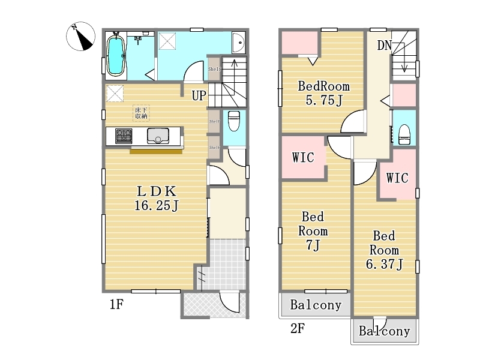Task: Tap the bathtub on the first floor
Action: [x=116, y=55]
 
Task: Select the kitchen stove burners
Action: [x=124, y=136]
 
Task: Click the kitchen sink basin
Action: [x=158, y=136]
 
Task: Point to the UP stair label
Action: [x=199, y=95]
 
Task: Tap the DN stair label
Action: [x=385, y=45]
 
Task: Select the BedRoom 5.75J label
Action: [x=323, y=93]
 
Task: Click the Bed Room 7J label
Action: [x=314, y=230]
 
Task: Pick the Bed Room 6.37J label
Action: [x=384, y=250]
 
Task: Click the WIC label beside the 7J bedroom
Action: [x=303, y=158]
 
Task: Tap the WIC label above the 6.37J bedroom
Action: [x=397, y=178]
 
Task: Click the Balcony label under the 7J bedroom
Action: [x=316, y=305]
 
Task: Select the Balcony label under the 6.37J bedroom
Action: [x=385, y=331]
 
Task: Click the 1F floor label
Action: [x=116, y=305]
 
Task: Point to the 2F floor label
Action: [x=298, y=328]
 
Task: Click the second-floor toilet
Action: [x=404, y=133]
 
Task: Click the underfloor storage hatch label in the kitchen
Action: [x=141, y=113]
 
